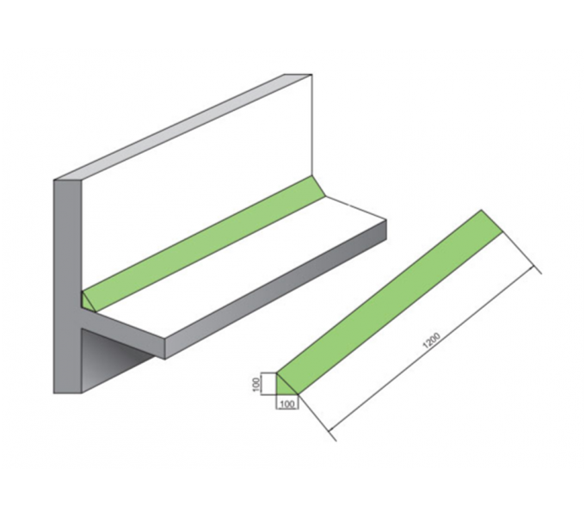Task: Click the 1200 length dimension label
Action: [431, 340]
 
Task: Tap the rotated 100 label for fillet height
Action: [256, 384]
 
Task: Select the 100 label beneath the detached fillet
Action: [286, 404]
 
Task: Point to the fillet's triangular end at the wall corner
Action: [87, 301]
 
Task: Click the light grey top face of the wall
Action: [182, 126]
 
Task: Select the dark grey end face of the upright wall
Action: [67, 287]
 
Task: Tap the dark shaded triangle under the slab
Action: [112, 358]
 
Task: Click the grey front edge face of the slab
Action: [275, 290]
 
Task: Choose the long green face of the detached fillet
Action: [391, 302]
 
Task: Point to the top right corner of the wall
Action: [312, 74]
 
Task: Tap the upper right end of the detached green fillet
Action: [491, 222]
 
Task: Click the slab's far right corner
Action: [386, 220]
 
